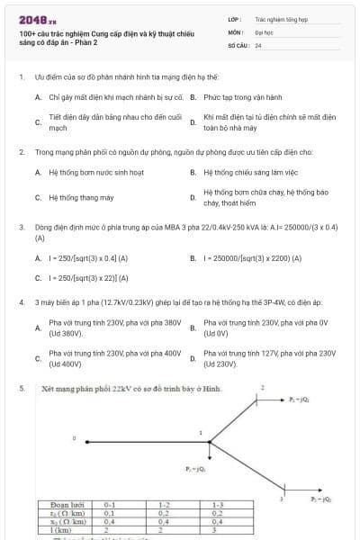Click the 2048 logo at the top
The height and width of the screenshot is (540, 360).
tap(31, 19)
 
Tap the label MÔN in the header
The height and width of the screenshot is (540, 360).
tap(235, 31)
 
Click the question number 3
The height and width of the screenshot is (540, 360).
tap(21, 228)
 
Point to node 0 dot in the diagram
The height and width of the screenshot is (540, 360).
tap(86, 442)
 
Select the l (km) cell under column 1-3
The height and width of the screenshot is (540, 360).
tap(217, 531)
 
